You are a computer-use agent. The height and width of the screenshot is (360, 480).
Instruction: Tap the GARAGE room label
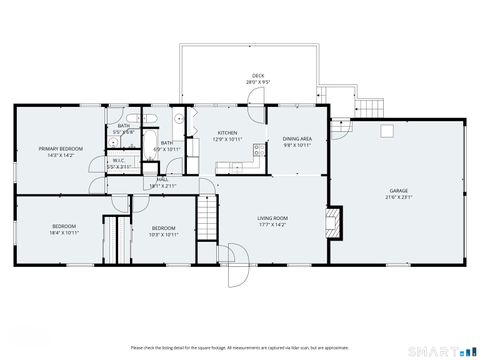tap(398, 190)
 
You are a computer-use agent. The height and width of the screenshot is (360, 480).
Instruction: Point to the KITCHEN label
tap(228, 133)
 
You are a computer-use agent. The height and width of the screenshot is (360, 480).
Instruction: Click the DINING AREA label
tap(297, 139)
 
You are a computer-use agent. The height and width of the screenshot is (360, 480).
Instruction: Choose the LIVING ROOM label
tap(272, 218)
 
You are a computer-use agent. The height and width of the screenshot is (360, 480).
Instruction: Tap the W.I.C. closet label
tap(118, 160)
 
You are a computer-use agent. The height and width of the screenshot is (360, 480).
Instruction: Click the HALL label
tap(161, 180)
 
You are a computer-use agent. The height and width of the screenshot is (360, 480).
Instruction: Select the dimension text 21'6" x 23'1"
tap(398, 197)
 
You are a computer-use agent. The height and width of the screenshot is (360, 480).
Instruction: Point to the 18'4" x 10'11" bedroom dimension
tap(65, 233)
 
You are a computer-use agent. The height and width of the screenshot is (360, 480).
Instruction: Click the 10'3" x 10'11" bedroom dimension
tap(164, 234)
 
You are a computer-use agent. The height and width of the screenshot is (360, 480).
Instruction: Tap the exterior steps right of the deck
tap(371, 105)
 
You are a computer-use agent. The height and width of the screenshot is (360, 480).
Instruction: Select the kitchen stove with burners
tap(258, 152)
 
